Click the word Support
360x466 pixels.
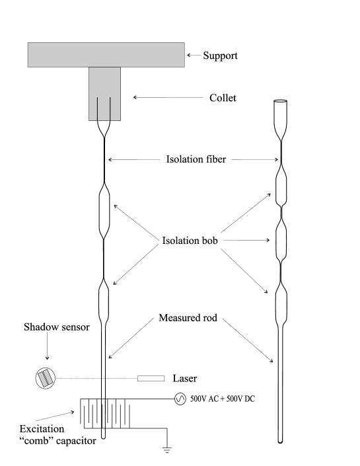(x=220, y=56)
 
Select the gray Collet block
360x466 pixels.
(x=105, y=93)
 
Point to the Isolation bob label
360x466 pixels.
(x=191, y=241)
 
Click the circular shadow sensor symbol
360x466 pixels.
(x=45, y=378)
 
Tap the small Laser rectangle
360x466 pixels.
(x=151, y=378)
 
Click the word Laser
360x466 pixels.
(x=184, y=379)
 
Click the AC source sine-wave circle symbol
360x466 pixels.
(x=180, y=399)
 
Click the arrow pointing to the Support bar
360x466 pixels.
(x=194, y=56)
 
